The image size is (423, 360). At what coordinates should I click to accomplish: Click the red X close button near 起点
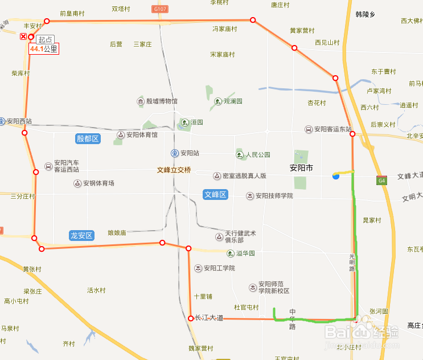(x=23, y=36)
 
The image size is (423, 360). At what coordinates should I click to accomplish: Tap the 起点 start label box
(x=44, y=40)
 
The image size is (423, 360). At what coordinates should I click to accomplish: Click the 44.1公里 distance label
(x=44, y=49)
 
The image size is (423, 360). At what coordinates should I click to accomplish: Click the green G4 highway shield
(x=381, y=181)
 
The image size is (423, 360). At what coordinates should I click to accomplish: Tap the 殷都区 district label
(x=88, y=138)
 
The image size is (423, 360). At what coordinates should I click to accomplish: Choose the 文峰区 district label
(x=215, y=195)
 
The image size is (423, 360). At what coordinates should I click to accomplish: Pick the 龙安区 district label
(x=81, y=235)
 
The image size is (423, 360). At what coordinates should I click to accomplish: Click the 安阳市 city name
(x=301, y=168)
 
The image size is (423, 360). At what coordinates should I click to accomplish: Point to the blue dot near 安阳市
(x=336, y=177)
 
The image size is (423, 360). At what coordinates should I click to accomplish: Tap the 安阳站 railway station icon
(x=175, y=153)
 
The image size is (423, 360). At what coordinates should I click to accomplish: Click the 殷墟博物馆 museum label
(x=162, y=101)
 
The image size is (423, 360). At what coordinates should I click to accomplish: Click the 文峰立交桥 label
(x=174, y=170)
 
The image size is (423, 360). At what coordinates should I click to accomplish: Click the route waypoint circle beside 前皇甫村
(x=47, y=21)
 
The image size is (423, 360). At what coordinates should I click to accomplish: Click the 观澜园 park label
(x=232, y=101)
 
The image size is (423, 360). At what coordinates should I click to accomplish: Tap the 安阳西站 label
(x=19, y=121)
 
